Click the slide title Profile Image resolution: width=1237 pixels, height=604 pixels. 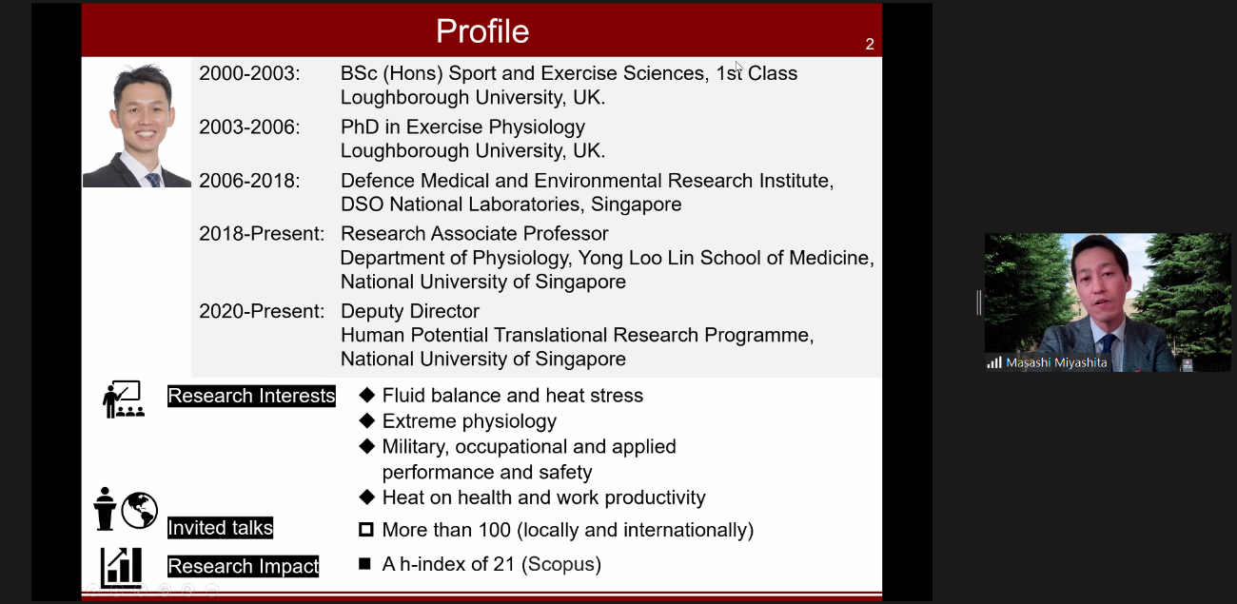click(482, 31)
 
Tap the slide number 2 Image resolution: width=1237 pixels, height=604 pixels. click(869, 44)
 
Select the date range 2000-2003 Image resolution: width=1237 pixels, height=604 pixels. click(249, 73)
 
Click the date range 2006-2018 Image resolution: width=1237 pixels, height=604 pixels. click(249, 181)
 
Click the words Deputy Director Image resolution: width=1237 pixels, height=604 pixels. click(410, 311)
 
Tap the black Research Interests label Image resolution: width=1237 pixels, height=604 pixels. click(251, 396)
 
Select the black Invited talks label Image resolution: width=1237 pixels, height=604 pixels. click(220, 528)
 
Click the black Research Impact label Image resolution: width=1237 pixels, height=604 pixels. click(243, 566)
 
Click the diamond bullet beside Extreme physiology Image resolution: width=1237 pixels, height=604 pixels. click(366, 420)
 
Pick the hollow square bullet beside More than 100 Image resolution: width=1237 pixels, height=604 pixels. click(365, 530)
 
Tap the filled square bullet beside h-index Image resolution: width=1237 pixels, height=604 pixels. click(364, 564)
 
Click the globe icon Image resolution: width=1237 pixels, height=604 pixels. click(139, 510)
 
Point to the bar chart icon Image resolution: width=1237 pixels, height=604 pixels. click(121, 567)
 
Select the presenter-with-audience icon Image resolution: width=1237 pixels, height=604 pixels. click(124, 399)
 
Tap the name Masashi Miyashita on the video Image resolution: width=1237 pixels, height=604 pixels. click(1056, 362)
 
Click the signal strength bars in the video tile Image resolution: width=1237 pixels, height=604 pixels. click(994, 362)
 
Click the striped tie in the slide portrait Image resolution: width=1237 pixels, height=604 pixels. click(153, 180)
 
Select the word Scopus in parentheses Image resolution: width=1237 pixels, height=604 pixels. click(561, 564)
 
